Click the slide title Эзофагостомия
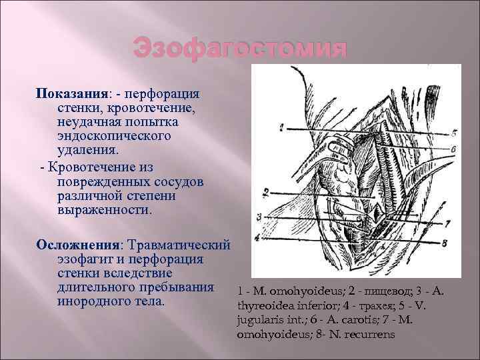240,49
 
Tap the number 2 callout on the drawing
265,193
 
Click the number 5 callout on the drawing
453,132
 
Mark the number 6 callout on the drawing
453,148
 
